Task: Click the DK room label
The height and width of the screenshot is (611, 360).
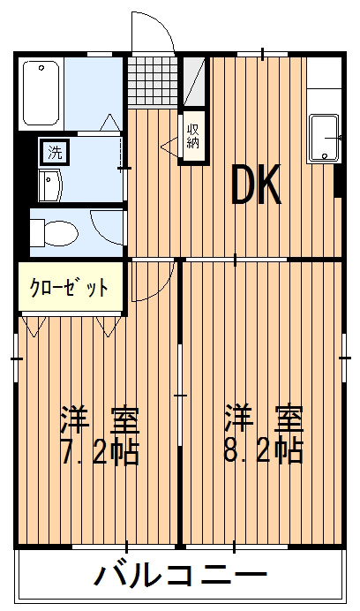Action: (256, 186)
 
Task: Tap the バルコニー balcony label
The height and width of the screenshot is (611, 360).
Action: (180, 578)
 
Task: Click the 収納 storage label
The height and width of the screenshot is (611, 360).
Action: (193, 136)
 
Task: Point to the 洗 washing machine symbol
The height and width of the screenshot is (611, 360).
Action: (55, 152)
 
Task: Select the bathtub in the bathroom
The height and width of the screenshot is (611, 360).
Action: (41, 92)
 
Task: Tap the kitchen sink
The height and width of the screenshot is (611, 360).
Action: (324, 139)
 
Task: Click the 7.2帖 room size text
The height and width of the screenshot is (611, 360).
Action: (98, 451)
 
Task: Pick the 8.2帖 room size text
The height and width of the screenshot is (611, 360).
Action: (262, 451)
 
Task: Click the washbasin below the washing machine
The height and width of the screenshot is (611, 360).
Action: (51, 185)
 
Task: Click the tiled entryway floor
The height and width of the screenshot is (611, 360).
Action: (153, 82)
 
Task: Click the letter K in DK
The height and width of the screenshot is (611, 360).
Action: (270, 186)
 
